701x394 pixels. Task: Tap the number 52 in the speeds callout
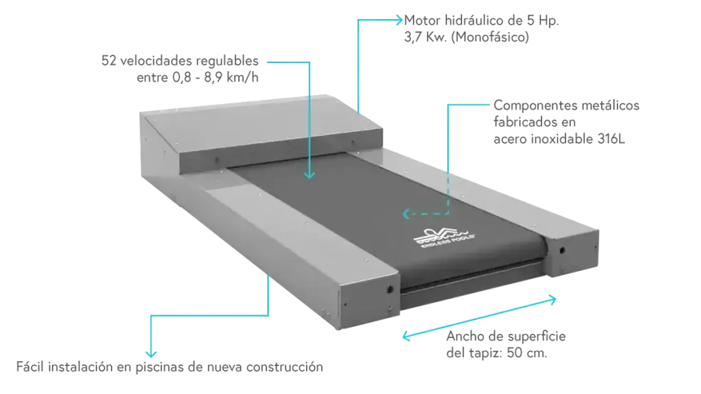click(109, 61)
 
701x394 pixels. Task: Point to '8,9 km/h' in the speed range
click(231, 77)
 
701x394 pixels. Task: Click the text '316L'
click(611, 139)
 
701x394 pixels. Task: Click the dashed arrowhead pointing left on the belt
click(406, 214)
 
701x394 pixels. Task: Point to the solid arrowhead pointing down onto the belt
click(309, 175)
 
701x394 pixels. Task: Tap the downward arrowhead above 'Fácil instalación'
click(151, 353)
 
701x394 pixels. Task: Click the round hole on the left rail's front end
click(390, 289)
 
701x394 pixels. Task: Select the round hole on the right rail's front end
click(562, 250)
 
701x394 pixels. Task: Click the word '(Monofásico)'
click(490, 37)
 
